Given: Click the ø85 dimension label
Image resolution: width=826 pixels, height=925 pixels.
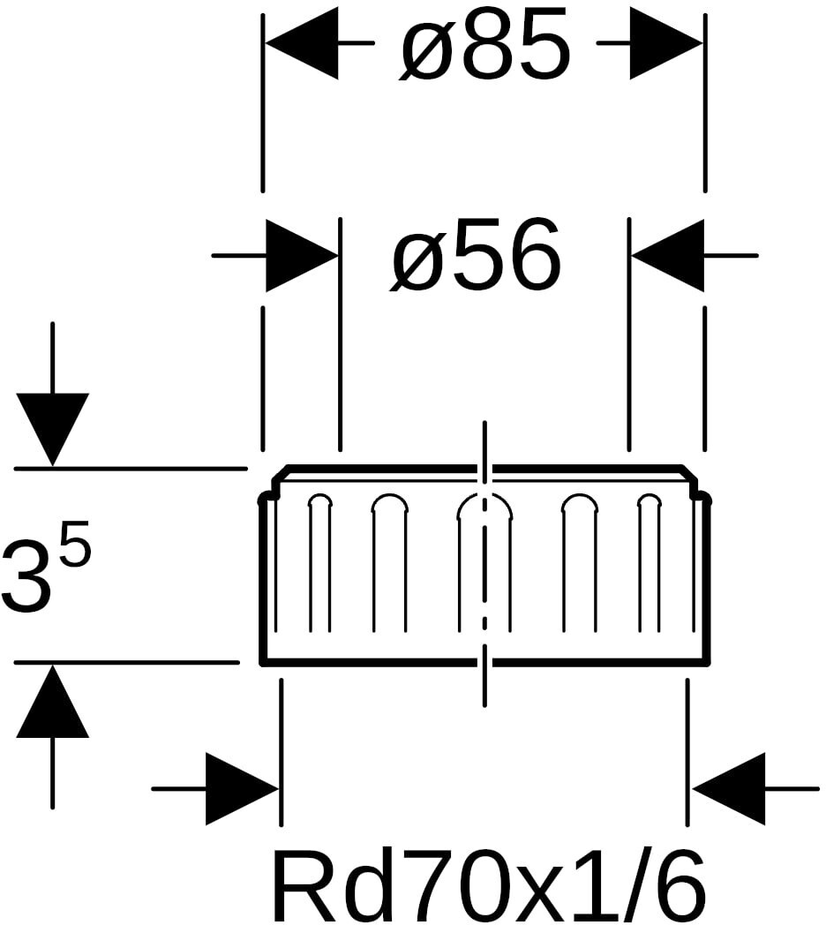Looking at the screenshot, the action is click(x=485, y=45).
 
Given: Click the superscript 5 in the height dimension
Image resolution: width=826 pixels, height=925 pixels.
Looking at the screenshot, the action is click(x=75, y=542).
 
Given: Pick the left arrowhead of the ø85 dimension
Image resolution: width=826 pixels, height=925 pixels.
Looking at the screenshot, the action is click(x=302, y=43).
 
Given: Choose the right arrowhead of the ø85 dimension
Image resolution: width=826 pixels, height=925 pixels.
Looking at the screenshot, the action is click(x=666, y=43).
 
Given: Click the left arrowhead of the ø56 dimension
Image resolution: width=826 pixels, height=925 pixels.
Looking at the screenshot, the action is click(x=303, y=256).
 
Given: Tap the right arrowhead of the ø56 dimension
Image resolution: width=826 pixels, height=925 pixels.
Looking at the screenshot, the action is click(x=667, y=256).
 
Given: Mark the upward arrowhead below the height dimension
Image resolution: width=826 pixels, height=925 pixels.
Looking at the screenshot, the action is click(x=53, y=701).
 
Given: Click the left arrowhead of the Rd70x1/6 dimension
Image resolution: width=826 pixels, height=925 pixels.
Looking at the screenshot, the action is click(x=243, y=789).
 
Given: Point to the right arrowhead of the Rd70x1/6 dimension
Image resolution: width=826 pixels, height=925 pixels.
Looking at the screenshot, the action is click(x=729, y=789).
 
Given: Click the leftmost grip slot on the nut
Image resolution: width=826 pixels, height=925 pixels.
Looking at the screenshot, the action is click(x=319, y=563).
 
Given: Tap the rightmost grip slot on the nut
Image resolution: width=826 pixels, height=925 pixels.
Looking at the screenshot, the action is click(x=649, y=563).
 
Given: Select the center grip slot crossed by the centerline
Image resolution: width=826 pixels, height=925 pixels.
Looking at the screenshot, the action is click(x=485, y=563).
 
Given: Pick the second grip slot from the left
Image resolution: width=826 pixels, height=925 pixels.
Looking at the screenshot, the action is click(x=389, y=563).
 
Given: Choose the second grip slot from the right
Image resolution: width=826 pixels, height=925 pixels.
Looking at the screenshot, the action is click(x=581, y=563).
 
